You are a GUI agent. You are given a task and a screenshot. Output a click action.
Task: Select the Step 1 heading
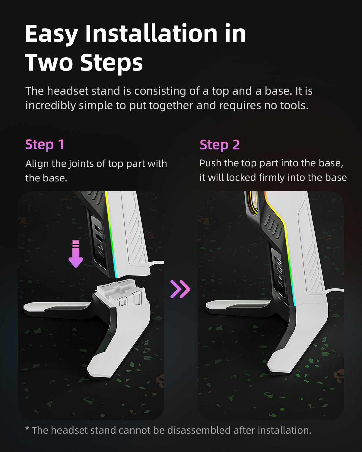[45, 144]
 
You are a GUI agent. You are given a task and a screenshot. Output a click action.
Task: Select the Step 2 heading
[220, 145]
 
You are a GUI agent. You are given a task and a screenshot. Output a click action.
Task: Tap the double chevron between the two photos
[180, 289]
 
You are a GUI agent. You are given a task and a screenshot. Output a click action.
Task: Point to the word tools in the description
[294, 105]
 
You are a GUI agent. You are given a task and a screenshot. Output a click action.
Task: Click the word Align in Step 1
[37, 164]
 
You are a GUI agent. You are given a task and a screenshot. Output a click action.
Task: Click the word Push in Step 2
[210, 163]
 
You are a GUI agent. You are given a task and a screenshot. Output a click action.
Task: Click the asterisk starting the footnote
[27, 429]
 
